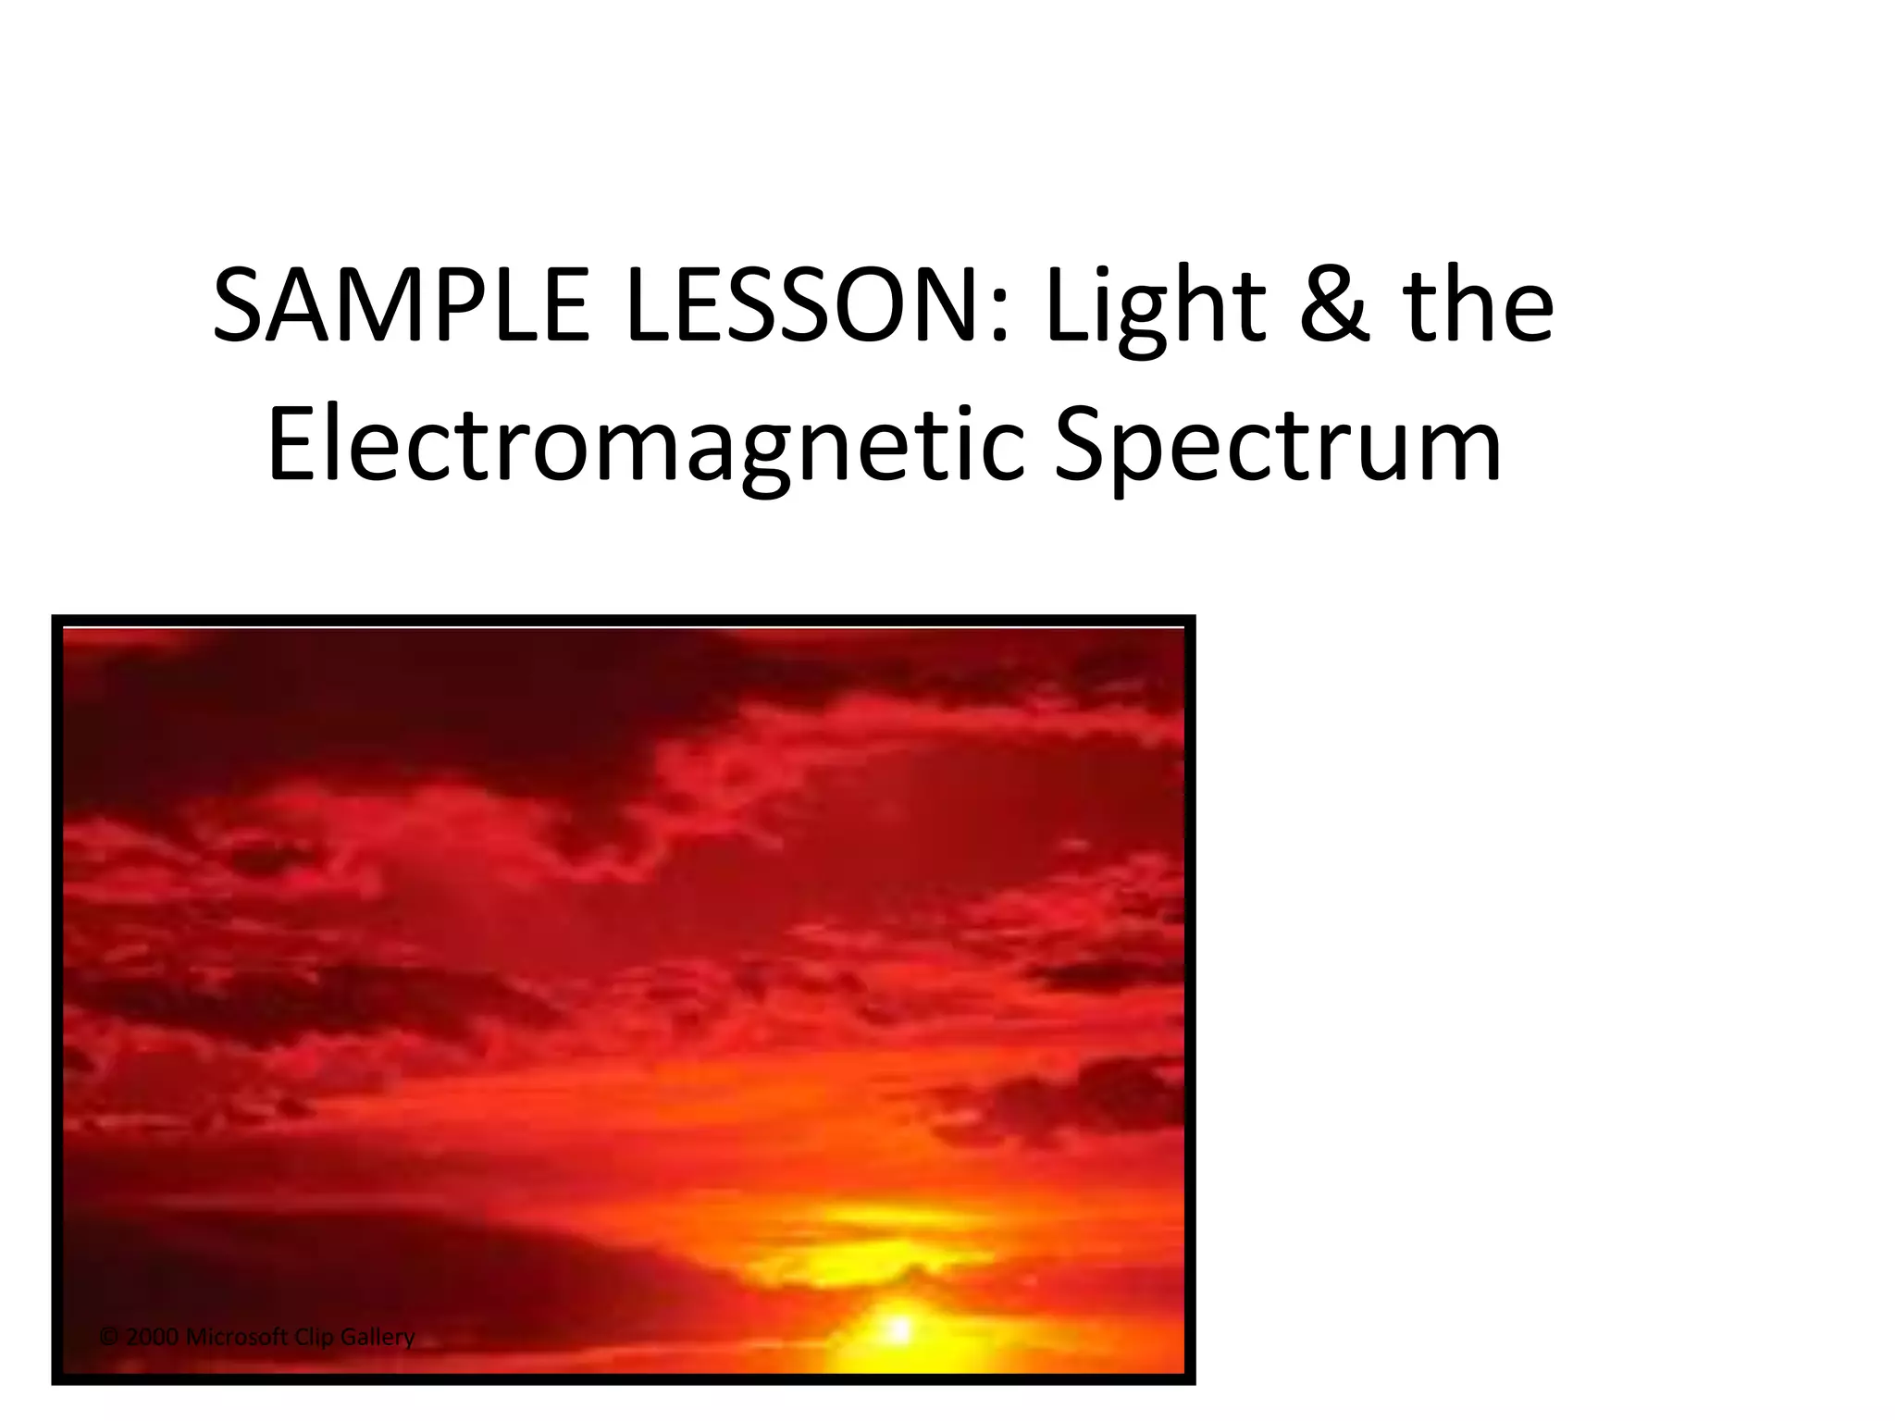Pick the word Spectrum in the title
pos(1277,448)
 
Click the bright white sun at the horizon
pos(898,1330)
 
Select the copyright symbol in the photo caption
pos(109,1337)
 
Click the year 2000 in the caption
pos(151,1337)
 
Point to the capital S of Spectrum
pos(1080,448)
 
